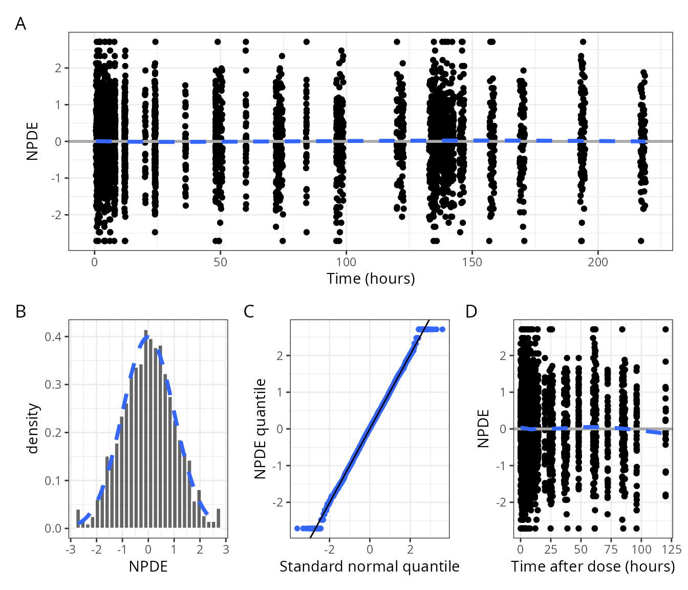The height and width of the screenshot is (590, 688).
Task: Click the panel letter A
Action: [x=20, y=24]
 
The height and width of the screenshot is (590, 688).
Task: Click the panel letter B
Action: [x=20, y=311]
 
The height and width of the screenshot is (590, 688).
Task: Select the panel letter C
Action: [x=249, y=311]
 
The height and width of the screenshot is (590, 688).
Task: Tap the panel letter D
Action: [x=471, y=311]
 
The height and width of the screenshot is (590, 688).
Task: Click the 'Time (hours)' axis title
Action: [x=371, y=279]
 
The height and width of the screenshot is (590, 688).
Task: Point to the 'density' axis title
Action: [x=33, y=429]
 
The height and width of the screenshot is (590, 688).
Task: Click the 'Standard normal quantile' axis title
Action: [x=369, y=566]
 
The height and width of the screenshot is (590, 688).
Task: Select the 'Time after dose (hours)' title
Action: [x=593, y=566]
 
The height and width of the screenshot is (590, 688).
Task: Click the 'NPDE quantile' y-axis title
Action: [x=261, y=429]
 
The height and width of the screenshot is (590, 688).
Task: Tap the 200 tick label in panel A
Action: [x=597, y=262]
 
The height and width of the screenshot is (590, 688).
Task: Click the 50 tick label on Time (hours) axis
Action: [x=220, y=262]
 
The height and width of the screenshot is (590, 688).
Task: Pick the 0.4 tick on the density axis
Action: [x=53, y=337]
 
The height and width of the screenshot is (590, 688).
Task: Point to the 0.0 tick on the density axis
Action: [x=53, y=529]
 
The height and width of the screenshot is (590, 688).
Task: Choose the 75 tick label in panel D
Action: [x=611, y=550]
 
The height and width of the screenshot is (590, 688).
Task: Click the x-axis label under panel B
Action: [x=148, y=566]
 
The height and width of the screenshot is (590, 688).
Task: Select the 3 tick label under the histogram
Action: [x=226, y=550]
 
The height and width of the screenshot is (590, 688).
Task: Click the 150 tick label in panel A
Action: [x=471, y=262]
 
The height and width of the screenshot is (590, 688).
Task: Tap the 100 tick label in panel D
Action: [x=641, y=550]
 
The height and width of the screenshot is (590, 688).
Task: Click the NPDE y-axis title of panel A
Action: [x=33, y=141]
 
